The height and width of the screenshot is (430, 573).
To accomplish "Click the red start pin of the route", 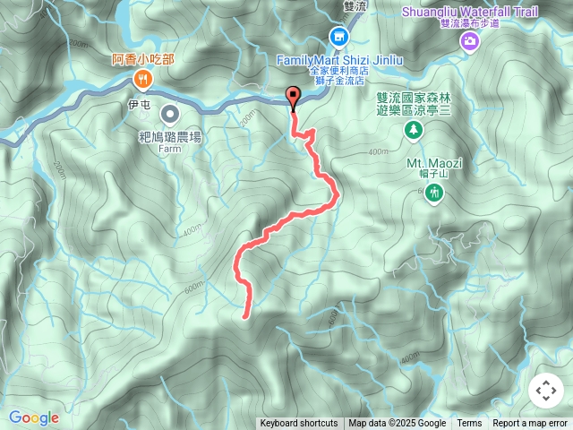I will (293, 98).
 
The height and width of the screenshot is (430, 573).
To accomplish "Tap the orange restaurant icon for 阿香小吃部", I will (143, 80).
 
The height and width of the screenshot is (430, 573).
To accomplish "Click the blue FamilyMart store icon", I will (338, 37).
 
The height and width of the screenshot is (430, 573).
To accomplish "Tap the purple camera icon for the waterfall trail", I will (468, 41).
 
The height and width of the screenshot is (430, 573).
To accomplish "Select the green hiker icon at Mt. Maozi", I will (434, 193).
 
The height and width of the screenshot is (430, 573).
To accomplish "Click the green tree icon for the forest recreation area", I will (413, 131).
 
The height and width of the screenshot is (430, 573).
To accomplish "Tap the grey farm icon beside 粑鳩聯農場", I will (168, 113).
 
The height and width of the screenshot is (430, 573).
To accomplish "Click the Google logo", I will (33, 417).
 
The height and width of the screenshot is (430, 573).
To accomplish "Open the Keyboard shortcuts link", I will (299, 424).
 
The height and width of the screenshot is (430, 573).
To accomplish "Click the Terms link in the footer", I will (469, 424).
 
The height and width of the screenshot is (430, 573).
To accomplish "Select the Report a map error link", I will (530, 424).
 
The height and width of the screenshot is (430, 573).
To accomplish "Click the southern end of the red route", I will (245, 314).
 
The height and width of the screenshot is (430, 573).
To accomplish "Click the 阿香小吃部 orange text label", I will (143, 59).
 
